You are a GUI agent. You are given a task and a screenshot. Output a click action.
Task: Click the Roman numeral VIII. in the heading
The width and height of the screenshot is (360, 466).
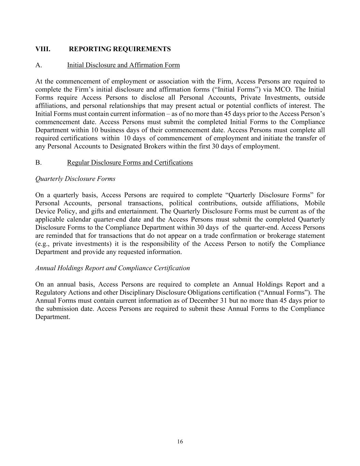coord(43,49)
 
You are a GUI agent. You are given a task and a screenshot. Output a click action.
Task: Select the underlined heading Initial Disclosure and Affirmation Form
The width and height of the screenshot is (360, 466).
coord(123,65)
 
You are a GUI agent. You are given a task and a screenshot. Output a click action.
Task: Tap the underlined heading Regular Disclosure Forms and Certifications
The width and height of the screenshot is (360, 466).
coord(130,163)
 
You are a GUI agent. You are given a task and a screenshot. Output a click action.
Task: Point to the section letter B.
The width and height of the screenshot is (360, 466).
coord(38,163)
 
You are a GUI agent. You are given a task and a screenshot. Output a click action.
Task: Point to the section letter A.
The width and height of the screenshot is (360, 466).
coord(38,65)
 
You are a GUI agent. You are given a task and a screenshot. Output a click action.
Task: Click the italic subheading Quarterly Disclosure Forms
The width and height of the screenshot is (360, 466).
coord(75,179)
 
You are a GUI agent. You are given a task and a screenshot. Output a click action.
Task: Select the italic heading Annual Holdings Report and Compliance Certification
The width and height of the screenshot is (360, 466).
coord(112,268)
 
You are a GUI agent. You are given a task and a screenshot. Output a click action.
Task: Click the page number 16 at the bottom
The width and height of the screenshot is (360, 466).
coord(180,442)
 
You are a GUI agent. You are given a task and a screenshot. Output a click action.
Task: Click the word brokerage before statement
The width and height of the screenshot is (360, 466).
coord(281,236)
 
